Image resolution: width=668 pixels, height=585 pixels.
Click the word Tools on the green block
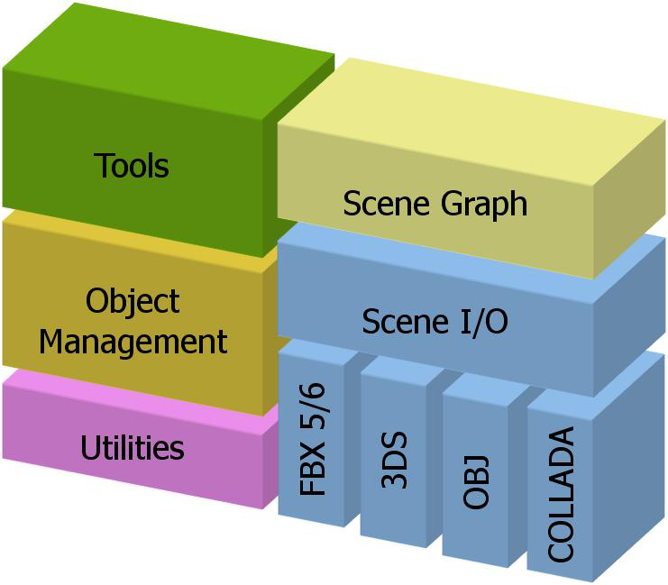(x=132, y=166)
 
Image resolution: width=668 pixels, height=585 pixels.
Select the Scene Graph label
(x=435, y=203)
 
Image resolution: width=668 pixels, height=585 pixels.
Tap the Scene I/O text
(x=435, y=321)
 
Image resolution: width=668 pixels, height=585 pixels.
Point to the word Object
(x=133, y=301)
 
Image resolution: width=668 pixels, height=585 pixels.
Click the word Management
(x=133, y=342)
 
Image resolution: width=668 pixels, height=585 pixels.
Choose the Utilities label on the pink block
(x=133, y=448)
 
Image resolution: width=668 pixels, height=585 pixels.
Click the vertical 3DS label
(x=395, y=461)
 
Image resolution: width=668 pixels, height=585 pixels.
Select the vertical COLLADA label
(x=561, y=495)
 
